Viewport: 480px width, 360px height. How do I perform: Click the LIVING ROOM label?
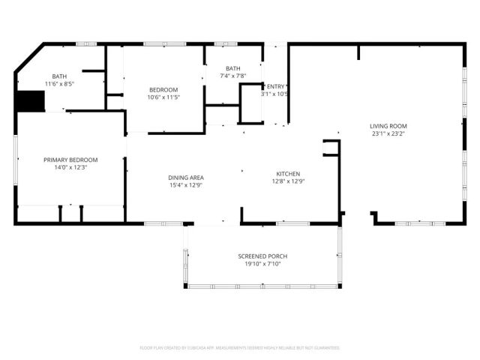tap(388, 126)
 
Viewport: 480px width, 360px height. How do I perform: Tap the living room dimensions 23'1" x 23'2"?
tap(388, 134)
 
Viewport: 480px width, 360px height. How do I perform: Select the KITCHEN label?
tap(287, 173)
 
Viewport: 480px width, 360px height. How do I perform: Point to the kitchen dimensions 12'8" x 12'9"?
tap(287, 181)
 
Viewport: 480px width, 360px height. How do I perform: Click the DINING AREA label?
tap(186, 178)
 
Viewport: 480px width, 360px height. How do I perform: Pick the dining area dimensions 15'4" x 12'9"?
tap(186, 186)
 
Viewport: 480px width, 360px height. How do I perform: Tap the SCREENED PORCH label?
tap(262, 256)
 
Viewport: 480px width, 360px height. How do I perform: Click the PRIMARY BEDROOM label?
tap(70, 160)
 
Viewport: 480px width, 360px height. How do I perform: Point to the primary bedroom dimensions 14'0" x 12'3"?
tap(70, 168)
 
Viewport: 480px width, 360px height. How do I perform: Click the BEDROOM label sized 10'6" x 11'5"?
tap(163, 90)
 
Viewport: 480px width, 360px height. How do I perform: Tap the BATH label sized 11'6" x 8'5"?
tap(59, 76)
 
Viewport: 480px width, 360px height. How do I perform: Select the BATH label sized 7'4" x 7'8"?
tap(232, 68)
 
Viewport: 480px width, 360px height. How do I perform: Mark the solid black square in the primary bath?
tap(31, 100)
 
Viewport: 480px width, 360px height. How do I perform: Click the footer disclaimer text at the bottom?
tap(240, 348)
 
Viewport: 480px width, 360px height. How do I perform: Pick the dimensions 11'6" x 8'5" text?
tap(59, 85)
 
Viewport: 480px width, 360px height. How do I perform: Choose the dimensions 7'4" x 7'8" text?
tap(232, 76)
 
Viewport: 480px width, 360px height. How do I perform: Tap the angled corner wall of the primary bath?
tap(29, 58)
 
